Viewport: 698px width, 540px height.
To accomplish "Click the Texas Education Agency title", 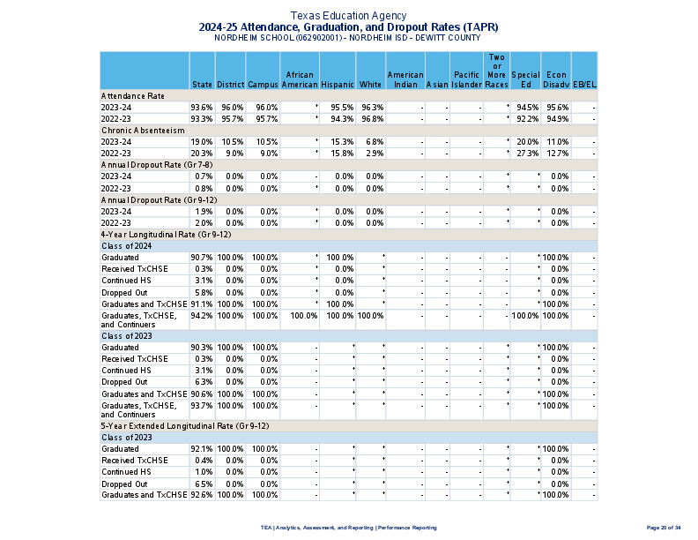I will coord(348,16).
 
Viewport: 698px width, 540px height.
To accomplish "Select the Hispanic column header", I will coord(337,85).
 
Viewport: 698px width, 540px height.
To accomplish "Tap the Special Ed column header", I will coord(525,79).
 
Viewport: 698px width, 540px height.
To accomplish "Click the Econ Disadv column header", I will coord(555,79).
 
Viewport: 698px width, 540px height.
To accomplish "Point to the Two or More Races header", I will coord(496,71).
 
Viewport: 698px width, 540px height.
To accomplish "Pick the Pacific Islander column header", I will coord(466,79).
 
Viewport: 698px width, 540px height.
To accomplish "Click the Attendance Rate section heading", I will coord(132,95).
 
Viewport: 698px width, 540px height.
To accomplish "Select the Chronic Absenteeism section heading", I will coord(142,131).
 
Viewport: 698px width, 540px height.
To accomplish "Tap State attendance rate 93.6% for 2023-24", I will coord(201,107).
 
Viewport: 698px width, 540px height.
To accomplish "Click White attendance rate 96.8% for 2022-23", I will coord(371,118).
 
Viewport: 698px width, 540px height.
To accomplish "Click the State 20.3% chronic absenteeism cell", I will coord(201,154).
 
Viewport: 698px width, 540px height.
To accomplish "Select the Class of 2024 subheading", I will coord(128,246).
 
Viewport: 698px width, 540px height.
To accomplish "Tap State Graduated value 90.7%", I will coord(201,258).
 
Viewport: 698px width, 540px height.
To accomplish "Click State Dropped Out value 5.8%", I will coord(201,292).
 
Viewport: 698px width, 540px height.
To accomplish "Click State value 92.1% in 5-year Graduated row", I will coord(201,449).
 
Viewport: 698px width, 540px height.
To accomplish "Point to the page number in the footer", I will coord(664,527).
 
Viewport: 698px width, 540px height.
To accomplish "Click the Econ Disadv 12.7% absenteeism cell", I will coord(557,154).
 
